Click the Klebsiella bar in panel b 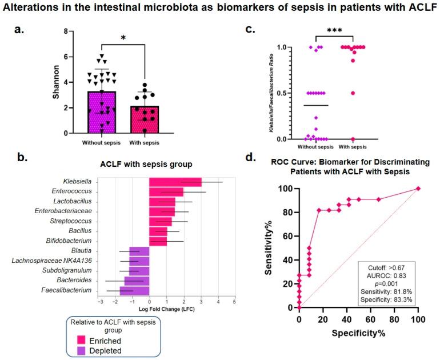coord(175,182)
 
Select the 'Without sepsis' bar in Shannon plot coord(102,112)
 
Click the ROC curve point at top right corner coord(418,189)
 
